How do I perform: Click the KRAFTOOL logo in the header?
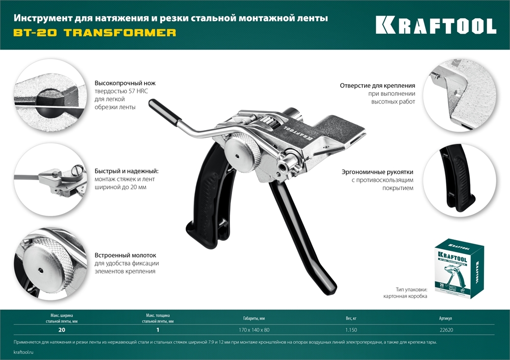(x=436, y=25)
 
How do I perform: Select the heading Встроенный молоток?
(x=125, y=255)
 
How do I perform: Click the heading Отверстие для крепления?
(x=377, y=86)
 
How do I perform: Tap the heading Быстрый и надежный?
(x=126, y=171)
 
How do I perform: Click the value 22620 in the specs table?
(x=445, y=330)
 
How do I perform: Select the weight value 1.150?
(x=351, y=330)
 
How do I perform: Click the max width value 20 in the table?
(x=62, y=330)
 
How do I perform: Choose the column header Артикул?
(x=445, y=319)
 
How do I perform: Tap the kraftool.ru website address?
(x=24, y=352)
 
